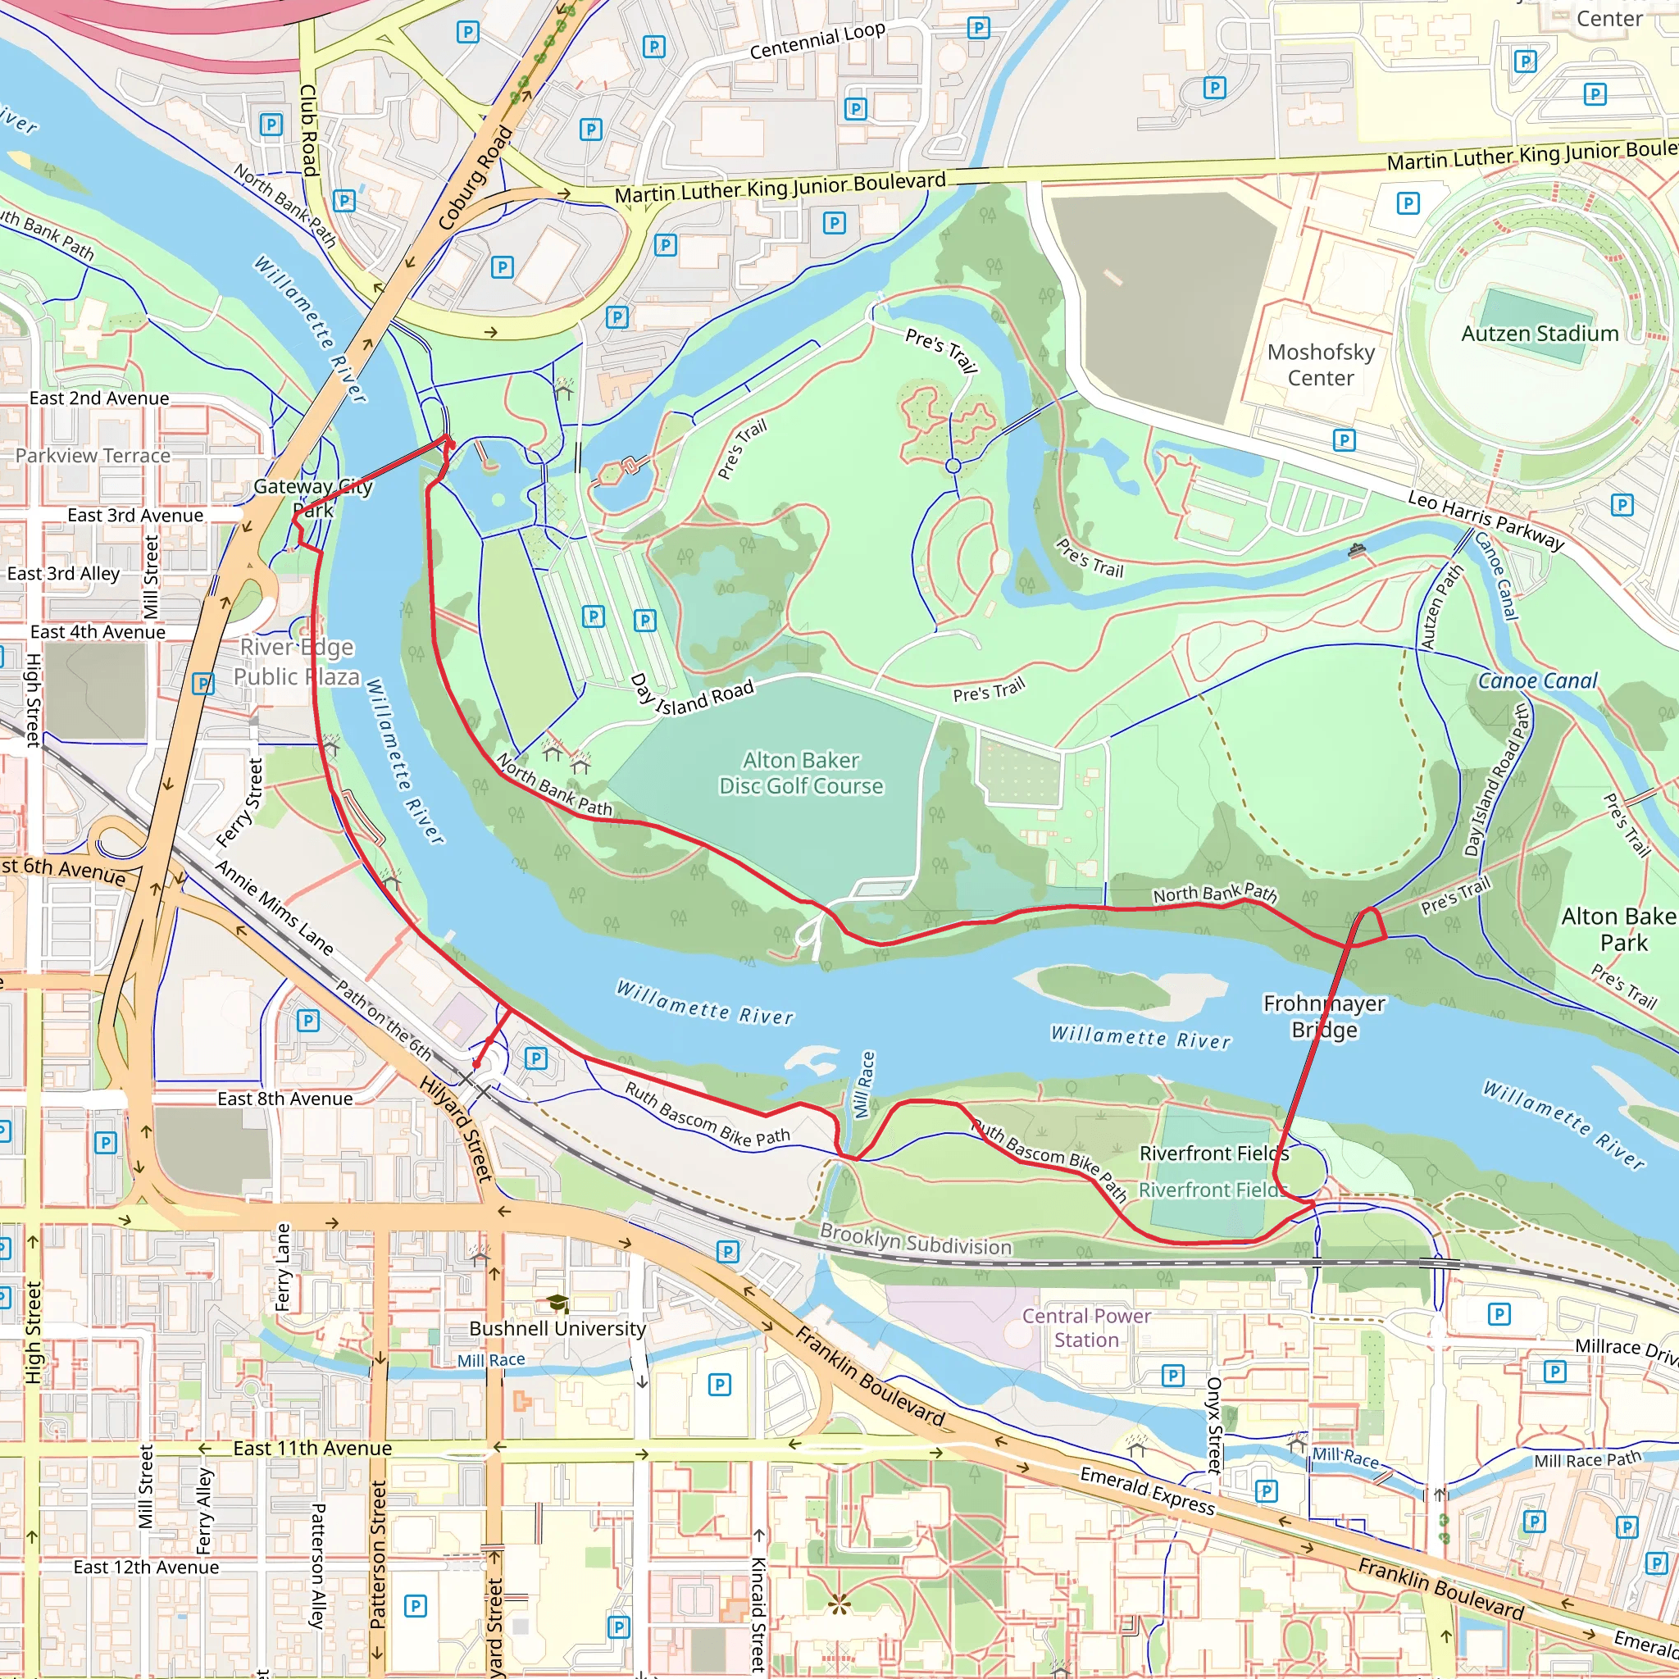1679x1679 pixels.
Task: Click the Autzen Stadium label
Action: coord(1539,334)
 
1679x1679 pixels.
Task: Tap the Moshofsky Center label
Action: coord(1320,365)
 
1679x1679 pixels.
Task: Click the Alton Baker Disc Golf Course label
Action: coord(800,772)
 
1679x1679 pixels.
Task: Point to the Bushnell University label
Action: coord(557,1328)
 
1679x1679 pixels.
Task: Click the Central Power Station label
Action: coord(1085,1327)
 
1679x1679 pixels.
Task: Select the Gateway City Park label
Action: coord(313,498)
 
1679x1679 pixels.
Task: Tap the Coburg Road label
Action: coord(475,179)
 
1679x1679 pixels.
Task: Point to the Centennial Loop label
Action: coord(817,41)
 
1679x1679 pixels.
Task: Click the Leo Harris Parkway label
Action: coord(1486,520)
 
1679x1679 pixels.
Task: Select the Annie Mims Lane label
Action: coord(275,908)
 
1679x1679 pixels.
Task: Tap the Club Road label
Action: coord(307,130)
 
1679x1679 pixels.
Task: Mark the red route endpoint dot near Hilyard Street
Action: coord(476,1063)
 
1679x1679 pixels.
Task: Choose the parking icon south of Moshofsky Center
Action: coord(1344,439)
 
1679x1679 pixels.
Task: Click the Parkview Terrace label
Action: coord(93,455)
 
